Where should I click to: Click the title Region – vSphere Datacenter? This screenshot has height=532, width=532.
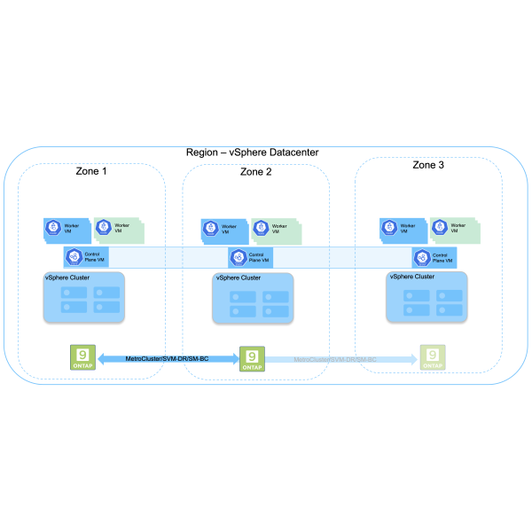(x=252, y=153)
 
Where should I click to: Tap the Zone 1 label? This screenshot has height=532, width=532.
(x=90, y=170)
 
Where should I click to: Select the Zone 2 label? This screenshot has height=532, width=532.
(x=255, y=172)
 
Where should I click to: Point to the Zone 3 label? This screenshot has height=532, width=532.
(x=429, y=166)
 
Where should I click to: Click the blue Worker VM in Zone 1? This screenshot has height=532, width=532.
(x=66, y=229)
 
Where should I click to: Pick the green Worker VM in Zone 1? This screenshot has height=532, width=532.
(x=116, y=229)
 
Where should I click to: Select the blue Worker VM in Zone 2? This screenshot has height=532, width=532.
(x=224, y=230)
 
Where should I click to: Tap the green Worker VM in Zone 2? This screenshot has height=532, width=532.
(x=274, y=230)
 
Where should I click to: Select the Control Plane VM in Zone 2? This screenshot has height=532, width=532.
(x=252, y=258)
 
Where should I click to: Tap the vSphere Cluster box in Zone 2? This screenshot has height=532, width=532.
(x=253, y=299)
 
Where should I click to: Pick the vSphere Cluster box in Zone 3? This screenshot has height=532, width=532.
(x=426, y=297)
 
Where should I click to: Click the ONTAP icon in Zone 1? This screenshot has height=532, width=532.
(x=82, y=357)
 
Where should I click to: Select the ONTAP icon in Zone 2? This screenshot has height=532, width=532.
(x=252, y=358)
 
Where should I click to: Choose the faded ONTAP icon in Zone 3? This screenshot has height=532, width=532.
(x=433, y=357)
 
